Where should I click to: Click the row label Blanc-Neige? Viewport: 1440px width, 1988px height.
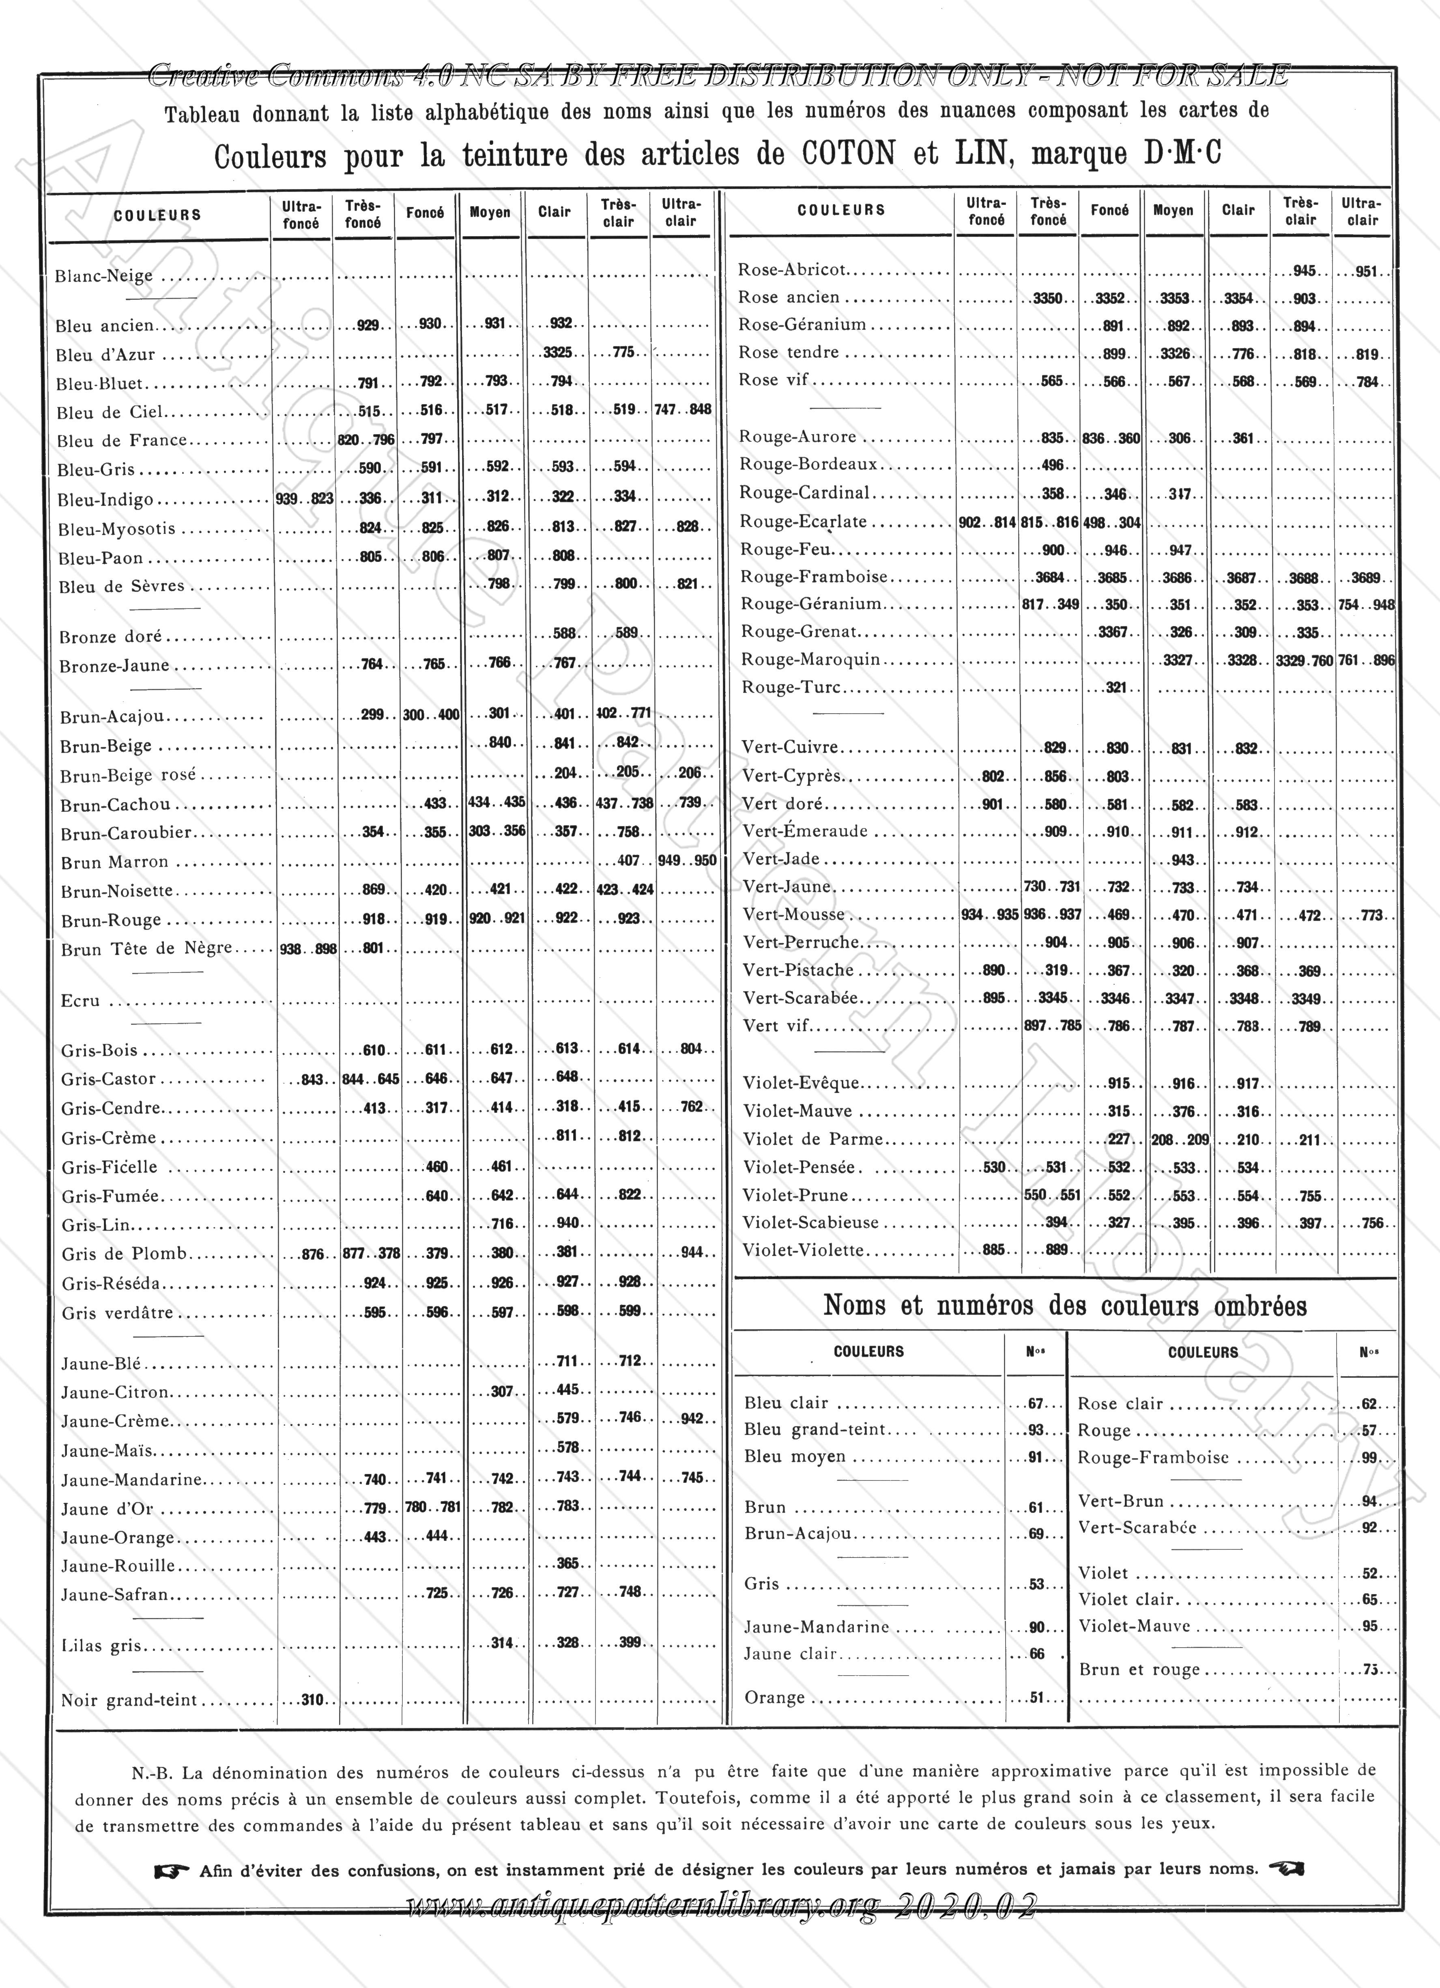103,276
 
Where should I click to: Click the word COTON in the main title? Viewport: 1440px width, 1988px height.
849,154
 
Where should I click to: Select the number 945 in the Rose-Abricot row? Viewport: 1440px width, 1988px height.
1304,271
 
